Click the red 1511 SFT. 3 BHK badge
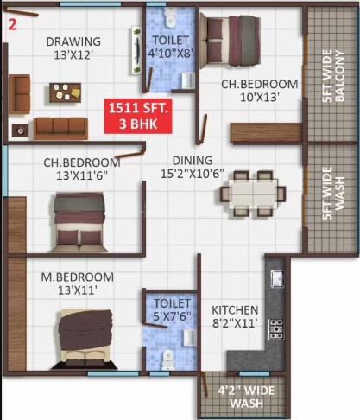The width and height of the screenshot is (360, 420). pos(138,116)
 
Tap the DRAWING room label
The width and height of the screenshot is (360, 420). pos(73,41)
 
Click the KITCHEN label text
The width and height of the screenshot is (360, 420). pos(235,310)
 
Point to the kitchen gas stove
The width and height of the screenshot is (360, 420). pos(275,329)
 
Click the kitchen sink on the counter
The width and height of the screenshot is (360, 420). pos(277,278)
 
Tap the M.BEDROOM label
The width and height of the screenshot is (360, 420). pos(78,277)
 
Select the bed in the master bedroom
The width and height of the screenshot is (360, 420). pos(85,340)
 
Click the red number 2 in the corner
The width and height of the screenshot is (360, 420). pos(13,24)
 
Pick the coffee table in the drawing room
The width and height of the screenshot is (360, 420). pos(65,92)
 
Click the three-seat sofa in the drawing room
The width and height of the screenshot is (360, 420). pos(60,128)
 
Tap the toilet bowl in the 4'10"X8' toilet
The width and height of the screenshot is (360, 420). pos(170,16)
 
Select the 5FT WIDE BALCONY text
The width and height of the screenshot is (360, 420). pos(333,76)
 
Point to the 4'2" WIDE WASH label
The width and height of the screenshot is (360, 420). pos(246,397)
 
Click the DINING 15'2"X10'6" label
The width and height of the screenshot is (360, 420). pos(193,167)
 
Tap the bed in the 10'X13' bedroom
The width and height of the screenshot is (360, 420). pos(231,40)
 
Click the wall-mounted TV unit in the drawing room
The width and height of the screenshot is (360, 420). pos(136,50)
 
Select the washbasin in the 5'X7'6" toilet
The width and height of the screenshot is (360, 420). pos(189,337)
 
